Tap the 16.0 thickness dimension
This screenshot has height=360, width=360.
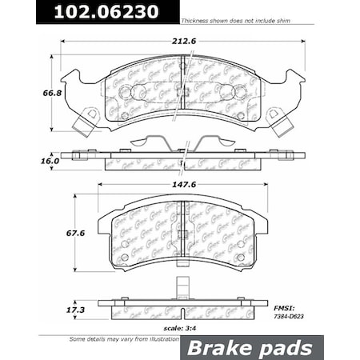28,161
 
